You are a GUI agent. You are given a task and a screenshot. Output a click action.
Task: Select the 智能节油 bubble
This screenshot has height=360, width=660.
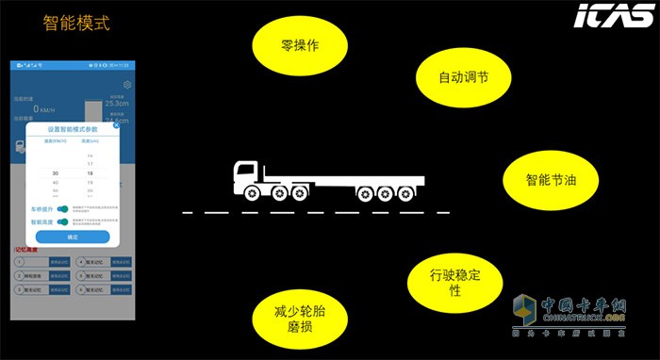pyautogui.click(x=544, y=178)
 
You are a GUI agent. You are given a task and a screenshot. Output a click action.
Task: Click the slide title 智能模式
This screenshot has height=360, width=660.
pyautogui.click(x=76, y=22)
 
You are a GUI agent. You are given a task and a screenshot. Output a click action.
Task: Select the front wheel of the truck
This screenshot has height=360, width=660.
pyautogui.click(x=253, y=193)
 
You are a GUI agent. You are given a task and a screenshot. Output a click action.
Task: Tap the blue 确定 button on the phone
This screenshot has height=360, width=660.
pyautogui.click(x=72, y=237)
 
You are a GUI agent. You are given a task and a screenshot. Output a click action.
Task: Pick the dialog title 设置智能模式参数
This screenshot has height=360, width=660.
pyautogui.click(x=72, y=129)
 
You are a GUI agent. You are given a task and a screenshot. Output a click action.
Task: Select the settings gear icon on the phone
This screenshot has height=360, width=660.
pyautogui.click(x=127, y=84)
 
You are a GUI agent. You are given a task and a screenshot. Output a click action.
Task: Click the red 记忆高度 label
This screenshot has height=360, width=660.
pyautogui.click(x=25, y=250)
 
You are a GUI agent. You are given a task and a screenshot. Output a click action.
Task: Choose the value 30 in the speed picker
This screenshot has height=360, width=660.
pyautogui.click(x=56, y=173)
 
